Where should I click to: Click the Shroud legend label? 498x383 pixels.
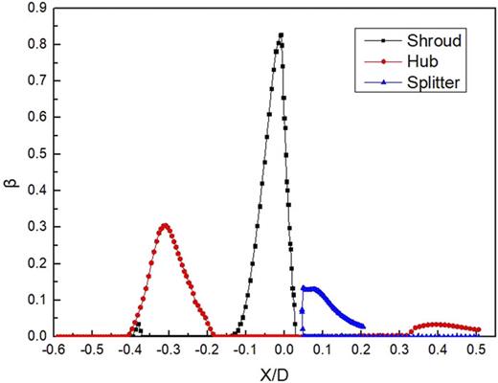point(432,41)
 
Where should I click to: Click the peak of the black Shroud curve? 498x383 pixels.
point(281,35)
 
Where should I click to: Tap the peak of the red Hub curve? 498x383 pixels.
point(165,226)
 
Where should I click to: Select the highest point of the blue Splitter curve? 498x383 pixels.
point(308,287)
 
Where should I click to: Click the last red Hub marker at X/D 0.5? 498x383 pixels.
point(479,329)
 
